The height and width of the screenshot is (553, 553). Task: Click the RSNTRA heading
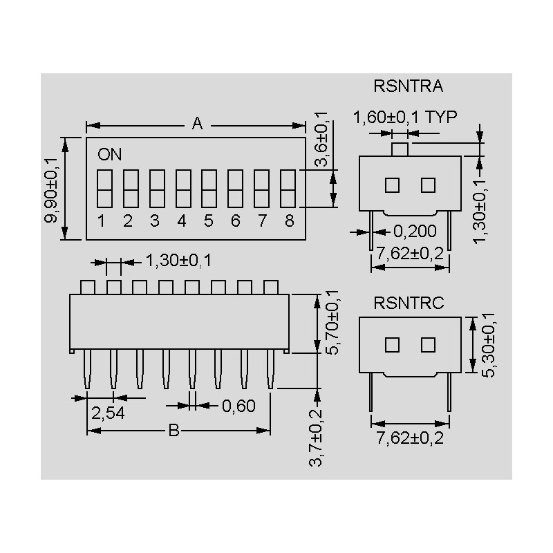tap(408, 86)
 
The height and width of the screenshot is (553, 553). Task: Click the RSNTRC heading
tap(409, 303)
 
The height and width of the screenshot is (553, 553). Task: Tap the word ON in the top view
tap(109, 154)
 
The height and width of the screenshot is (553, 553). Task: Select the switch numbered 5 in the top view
tap(209, 188)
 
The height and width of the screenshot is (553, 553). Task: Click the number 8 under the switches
tap(289, 221)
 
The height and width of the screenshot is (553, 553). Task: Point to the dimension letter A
tap(197, 124)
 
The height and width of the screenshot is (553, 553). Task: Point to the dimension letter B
tap(174, 430)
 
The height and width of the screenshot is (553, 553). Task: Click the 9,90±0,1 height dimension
tap(50, 191)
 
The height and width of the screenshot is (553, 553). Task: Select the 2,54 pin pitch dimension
tap(108, 413)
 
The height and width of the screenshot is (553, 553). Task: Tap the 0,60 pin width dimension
tap(238, 406)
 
